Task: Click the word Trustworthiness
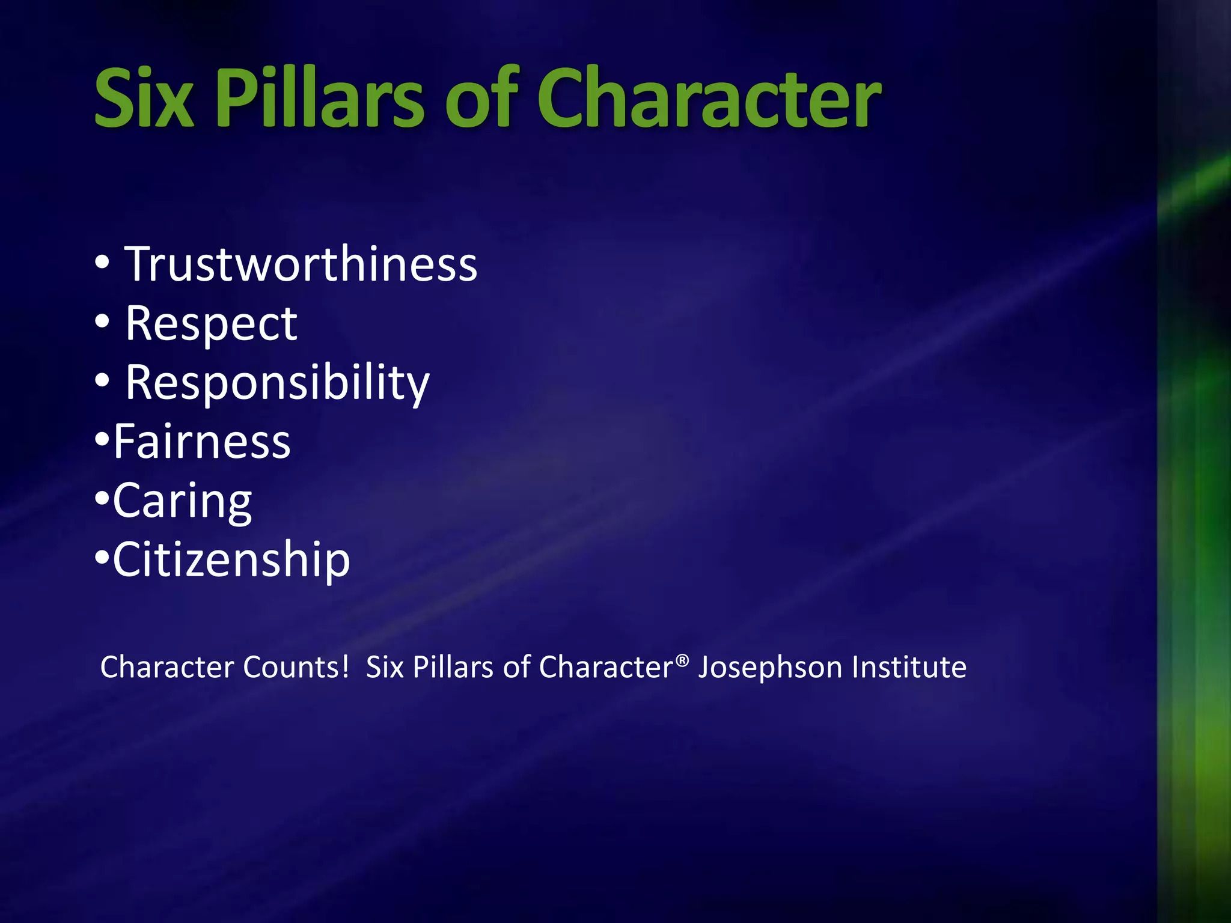[x=301, y=264]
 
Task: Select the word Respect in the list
[x=211, y=324]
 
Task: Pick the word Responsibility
[x=277, y=383]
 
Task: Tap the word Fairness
[x=202, y=442]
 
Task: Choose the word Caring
[x=182, y=501]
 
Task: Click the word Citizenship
[x=231, y=560]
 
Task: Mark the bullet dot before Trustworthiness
[x=102, y=263]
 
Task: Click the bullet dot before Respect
[x=102, y=322]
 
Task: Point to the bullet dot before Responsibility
[x=102, y=381]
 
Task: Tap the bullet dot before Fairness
[x=102, y=440]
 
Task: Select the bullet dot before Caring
[x=102, y=499]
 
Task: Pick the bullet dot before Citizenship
[x=102, y=558]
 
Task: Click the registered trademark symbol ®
[x=682, y=660]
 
